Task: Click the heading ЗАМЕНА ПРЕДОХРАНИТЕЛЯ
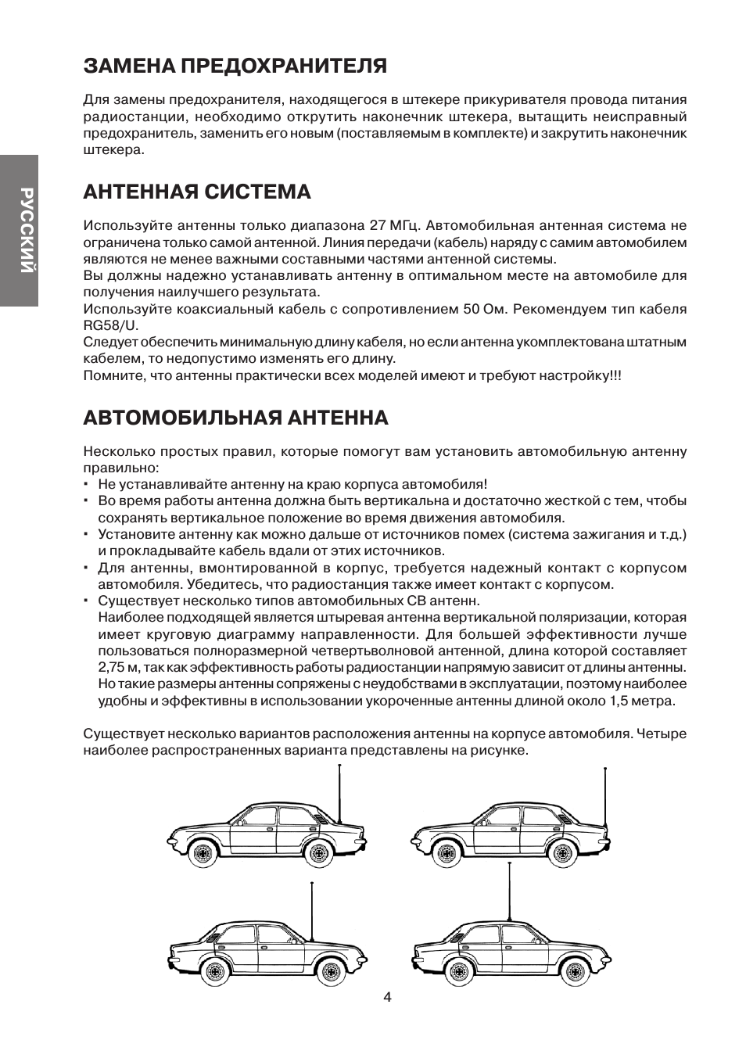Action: tap(235, 66)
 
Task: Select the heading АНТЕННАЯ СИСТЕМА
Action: tap(197, 192)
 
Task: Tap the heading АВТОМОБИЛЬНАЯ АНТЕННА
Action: tap(235, 418)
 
